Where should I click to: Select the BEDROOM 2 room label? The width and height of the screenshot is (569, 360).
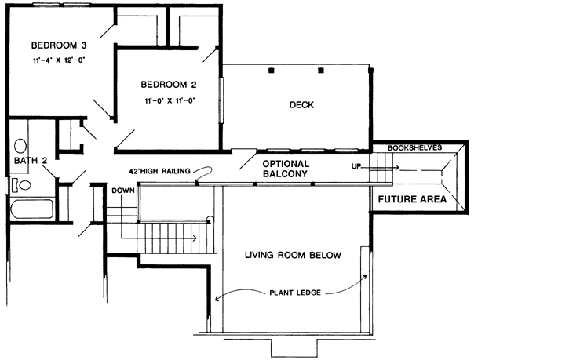tap(168, 85)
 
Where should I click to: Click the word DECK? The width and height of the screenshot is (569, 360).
tap(301, 105)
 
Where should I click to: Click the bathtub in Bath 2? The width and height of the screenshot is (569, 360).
tap(30, 210)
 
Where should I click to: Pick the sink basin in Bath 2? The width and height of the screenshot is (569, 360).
tap(20, 146)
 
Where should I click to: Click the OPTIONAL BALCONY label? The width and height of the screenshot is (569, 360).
tap(286, 169)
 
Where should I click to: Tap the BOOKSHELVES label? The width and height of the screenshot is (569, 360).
tap(414, 147)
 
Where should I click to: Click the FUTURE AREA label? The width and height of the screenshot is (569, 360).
tap(412, 199)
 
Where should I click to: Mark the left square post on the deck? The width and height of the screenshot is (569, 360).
tap(272, 71)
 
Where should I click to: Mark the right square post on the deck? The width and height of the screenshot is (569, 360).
tap(320, 71)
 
